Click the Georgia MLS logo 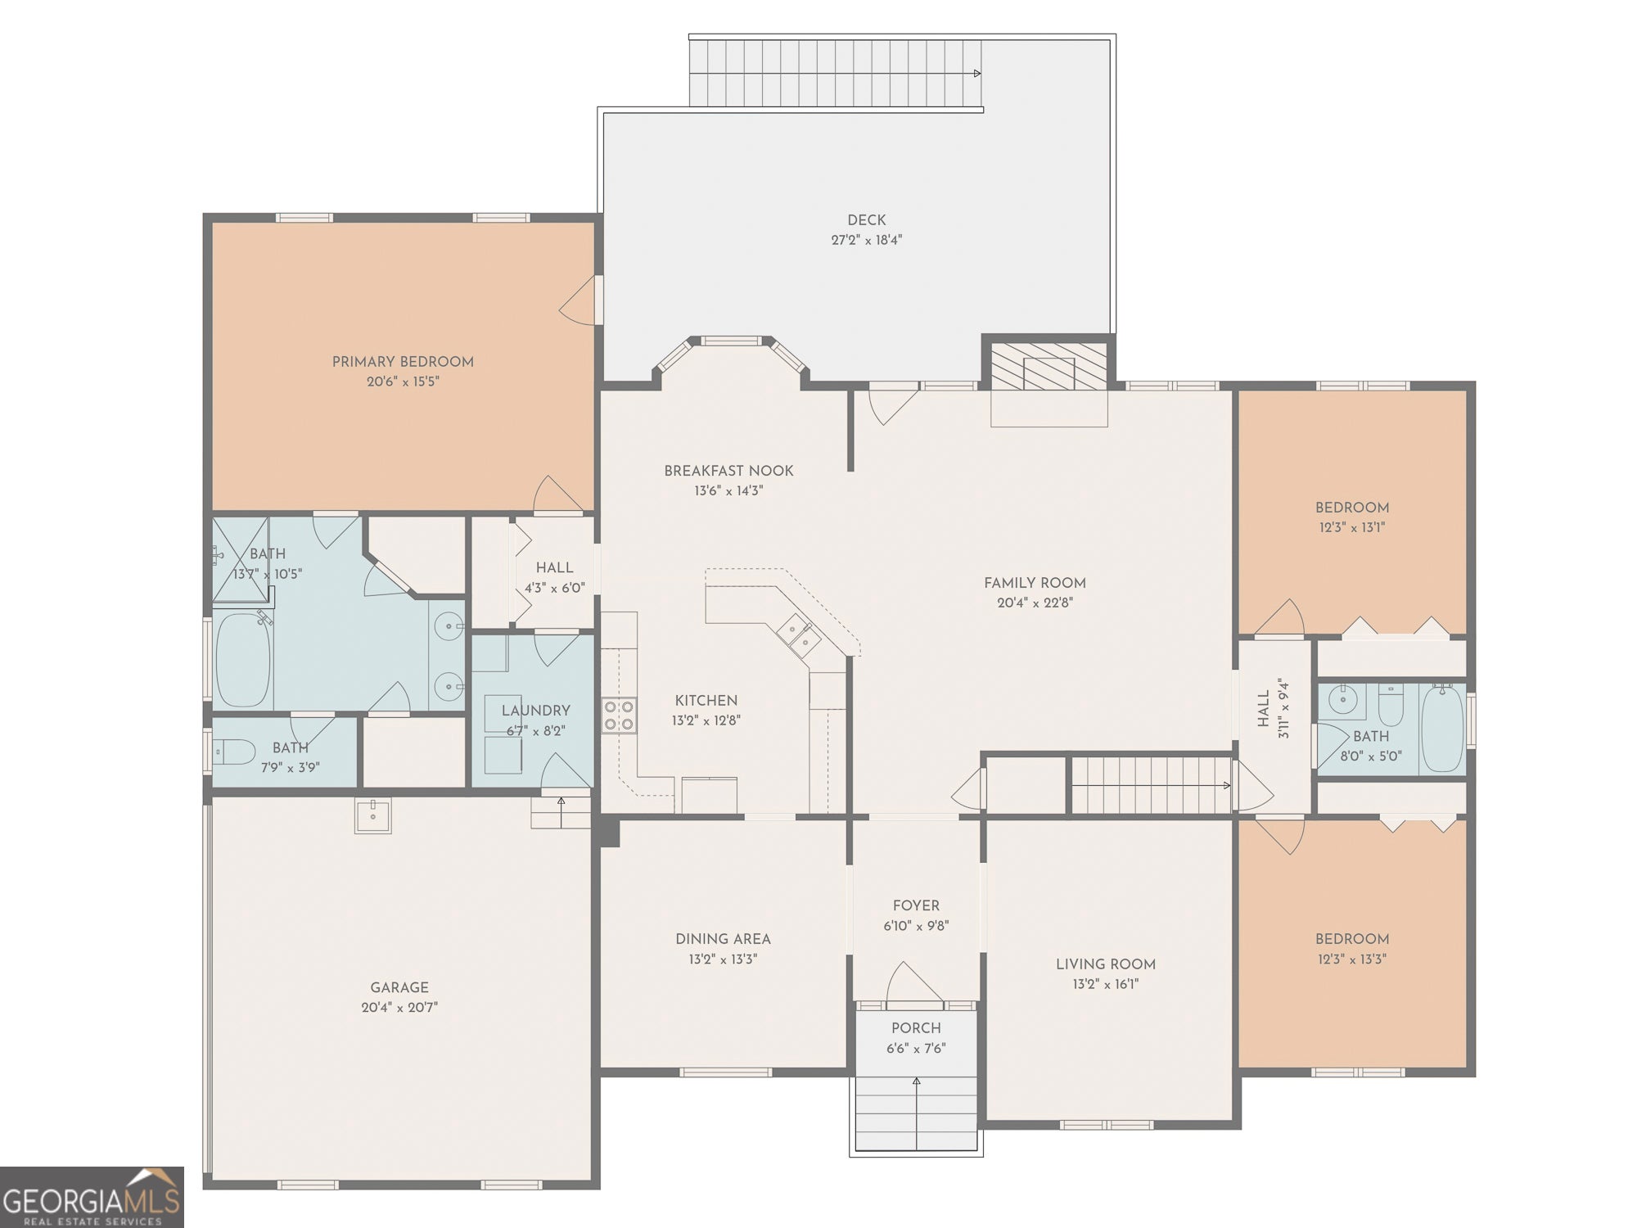(92, 1197)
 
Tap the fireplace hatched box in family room (1048, 366)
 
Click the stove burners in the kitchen (619, 716)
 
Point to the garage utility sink (372, 815)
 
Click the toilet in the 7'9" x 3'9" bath (235, 752)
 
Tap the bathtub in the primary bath (242, 660)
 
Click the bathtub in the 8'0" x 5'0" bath (1442, 729)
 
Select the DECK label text (866, 220)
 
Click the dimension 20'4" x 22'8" (1035, 603)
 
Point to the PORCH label (916, 1028)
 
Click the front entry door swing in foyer (913, 982)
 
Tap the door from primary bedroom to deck (579, 300)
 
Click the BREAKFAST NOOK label (728, 471)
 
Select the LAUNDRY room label (535, 711)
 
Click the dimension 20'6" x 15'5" (403, 381)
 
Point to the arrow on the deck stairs (976, 74)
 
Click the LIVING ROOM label (1105, 964)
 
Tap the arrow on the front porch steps (916, 1082)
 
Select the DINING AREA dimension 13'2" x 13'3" (723, 959)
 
